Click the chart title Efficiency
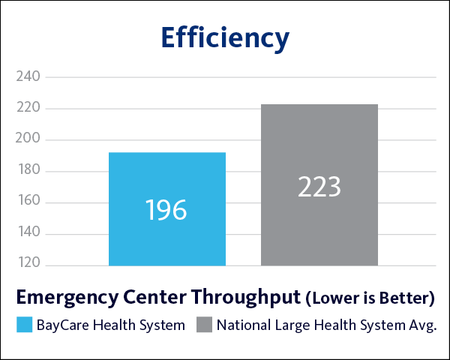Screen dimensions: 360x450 click(x=225, y=37)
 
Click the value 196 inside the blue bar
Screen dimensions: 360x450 click(x=166, y=210)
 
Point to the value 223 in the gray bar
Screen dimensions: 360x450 click(x=319, y=187)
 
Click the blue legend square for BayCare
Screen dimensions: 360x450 click(x=24, y=325)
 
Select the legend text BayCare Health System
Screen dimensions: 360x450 click(x=110, y=325)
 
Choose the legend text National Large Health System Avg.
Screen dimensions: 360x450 click(x=326, y=325)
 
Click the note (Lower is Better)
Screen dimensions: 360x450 click(x=370, y=298)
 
